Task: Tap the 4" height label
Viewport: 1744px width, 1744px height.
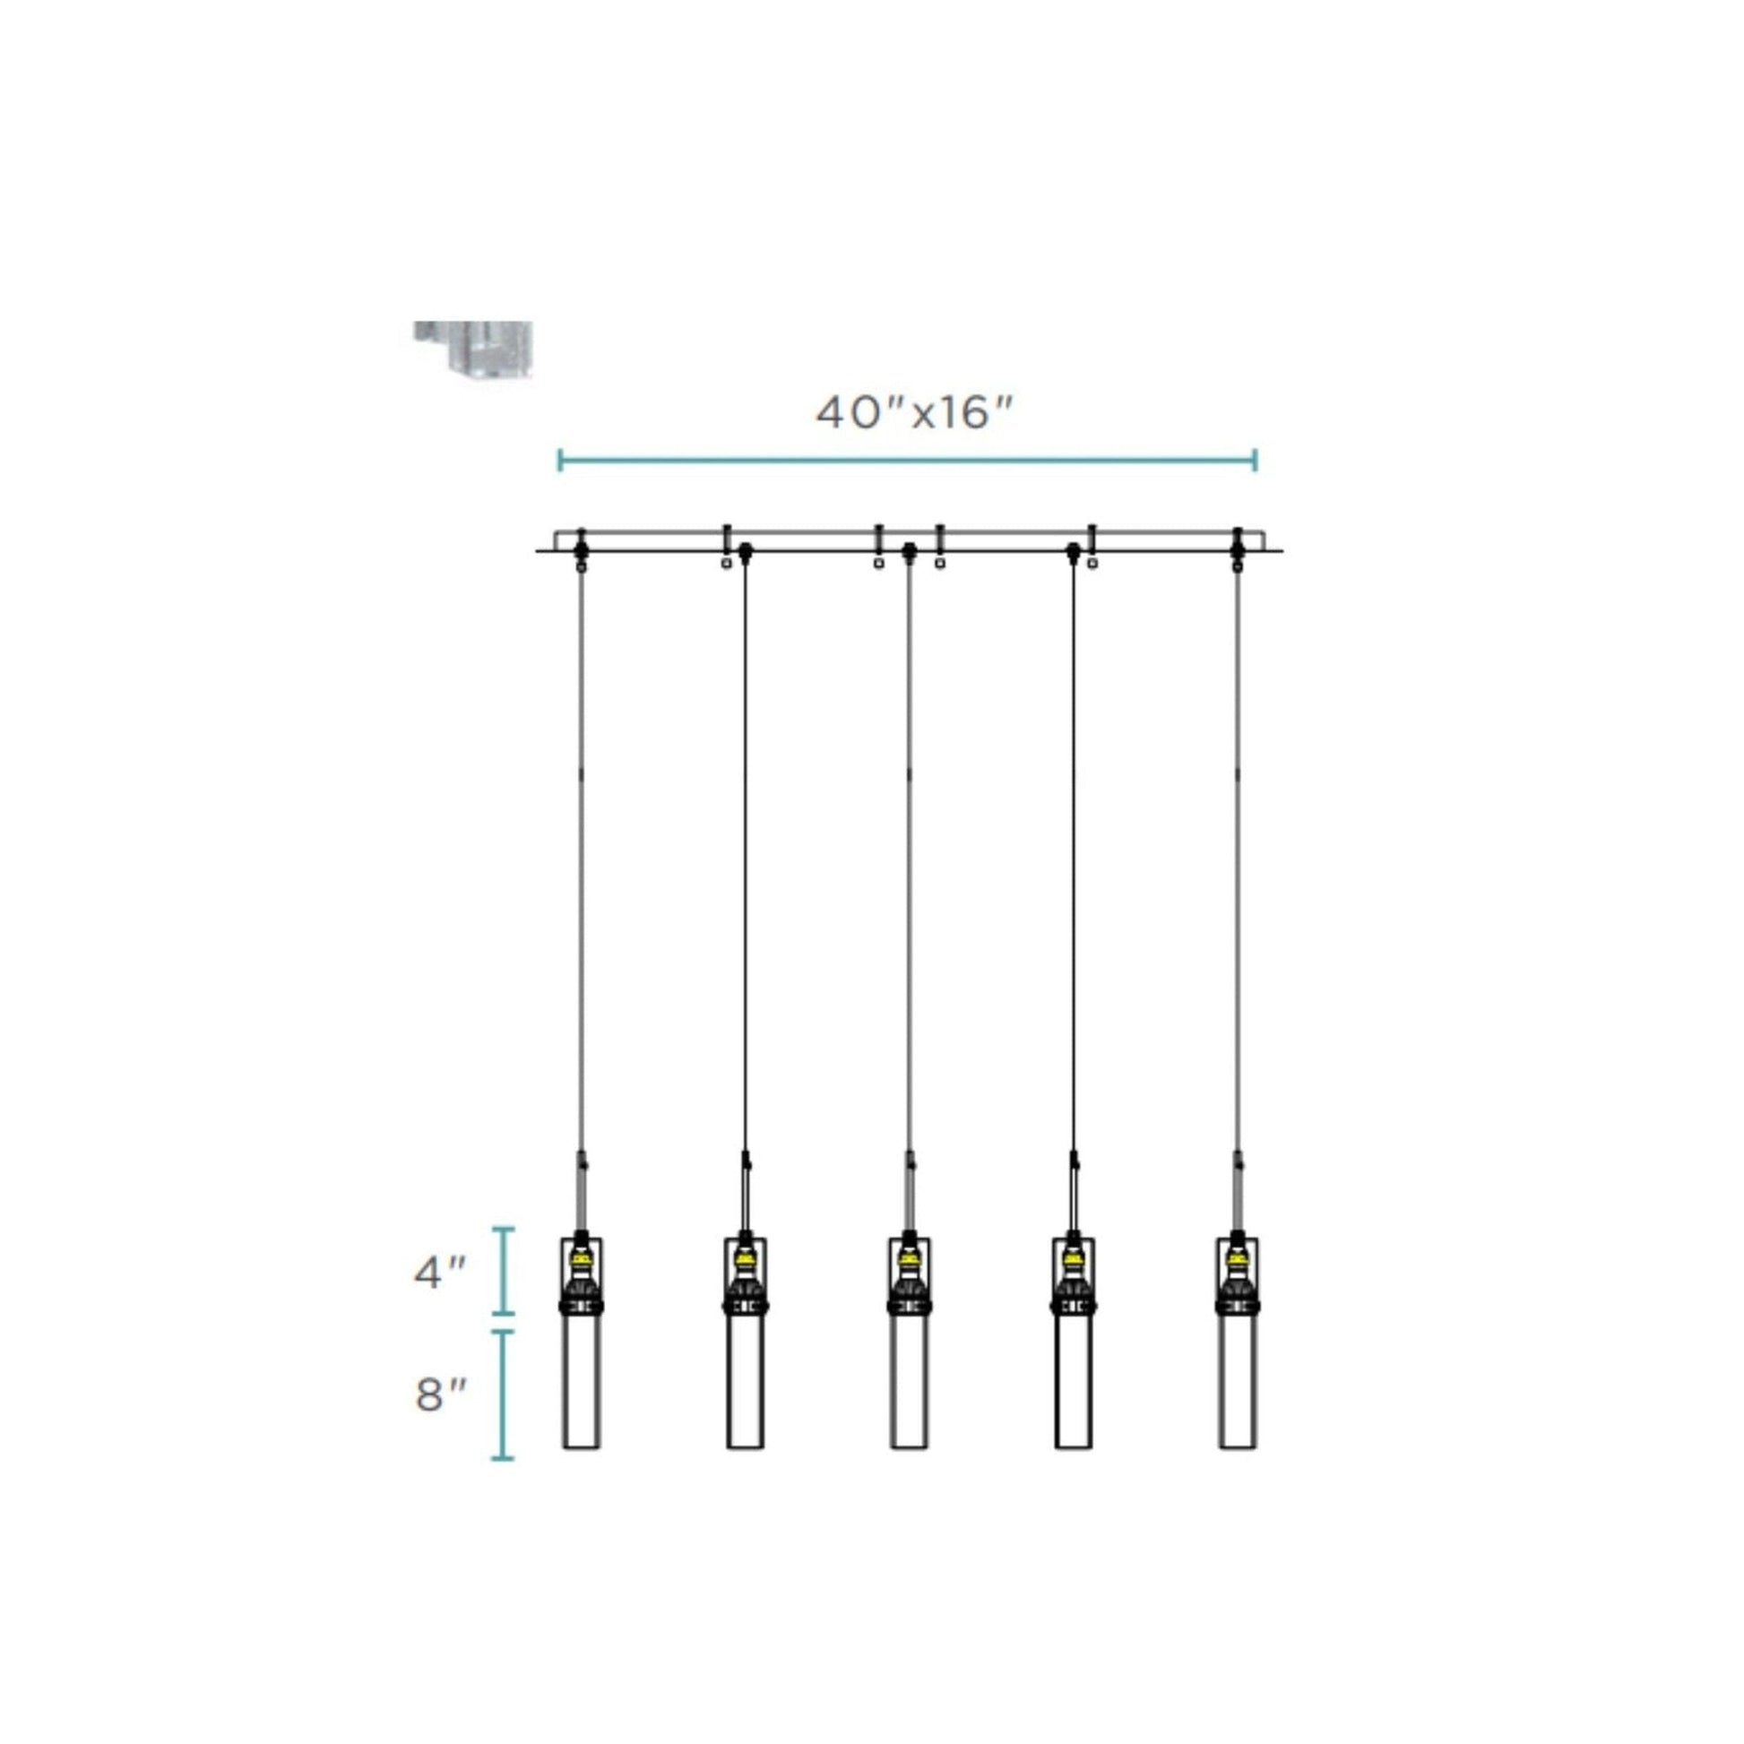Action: (x=440, y=1273)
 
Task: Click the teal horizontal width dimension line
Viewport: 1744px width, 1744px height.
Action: (x=907, y=460)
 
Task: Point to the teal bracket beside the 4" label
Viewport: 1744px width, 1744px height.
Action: (x=504, y=1271)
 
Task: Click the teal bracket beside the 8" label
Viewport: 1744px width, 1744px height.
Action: (x=504, y=1394)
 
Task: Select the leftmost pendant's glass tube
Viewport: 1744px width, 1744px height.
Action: (x=582, y=1382)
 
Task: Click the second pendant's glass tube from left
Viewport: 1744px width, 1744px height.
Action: (x=746, y=1382)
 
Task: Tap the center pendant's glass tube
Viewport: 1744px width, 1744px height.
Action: (x=910, y=1382)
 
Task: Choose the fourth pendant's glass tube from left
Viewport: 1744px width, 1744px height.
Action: (x=1074, y=1382)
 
